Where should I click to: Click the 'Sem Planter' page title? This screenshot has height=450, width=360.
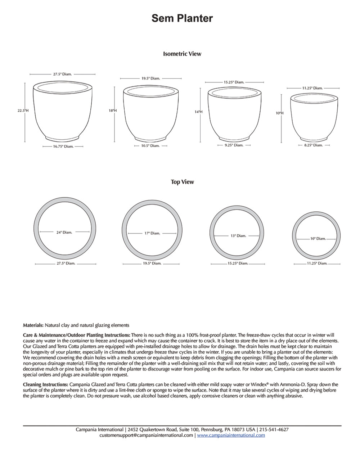click(x=182, y=18)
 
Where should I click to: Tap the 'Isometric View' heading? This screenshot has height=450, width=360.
click(x=182, y=54)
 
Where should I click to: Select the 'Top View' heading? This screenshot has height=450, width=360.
click(x=182, y=182)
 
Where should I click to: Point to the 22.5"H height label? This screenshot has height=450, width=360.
click(x=23, y=111)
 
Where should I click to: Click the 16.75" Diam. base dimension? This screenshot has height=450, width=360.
click(x=63, y=147)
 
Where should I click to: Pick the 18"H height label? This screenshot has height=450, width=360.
click(x=113, y=111)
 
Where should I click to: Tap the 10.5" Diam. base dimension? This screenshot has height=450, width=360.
click(x=150, y=146)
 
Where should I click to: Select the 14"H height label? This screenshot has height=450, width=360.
click(x=199, y=112)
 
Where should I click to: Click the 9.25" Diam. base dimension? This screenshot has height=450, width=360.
click(x=234, y=145)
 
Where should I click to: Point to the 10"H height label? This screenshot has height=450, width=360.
click(x=280, y=113)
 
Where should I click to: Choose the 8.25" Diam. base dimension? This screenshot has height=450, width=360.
click(x=313, y=145)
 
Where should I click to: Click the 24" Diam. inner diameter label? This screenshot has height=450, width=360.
click(x=64, y=233)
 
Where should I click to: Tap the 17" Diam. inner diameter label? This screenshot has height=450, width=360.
click(x=152, y=233)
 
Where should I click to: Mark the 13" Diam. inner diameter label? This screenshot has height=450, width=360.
click(x=238, y=236)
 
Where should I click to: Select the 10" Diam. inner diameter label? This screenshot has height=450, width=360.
click(x=318, y=239)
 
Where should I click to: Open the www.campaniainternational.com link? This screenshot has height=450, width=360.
click(x=231, y=435)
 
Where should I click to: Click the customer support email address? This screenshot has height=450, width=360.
click(x=146, y=435)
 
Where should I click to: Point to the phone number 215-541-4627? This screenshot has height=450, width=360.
click(x=274, y=429)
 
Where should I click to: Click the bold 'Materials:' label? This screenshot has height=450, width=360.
click(x=33, y=325)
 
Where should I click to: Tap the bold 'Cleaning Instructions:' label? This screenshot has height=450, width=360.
click(x=45, y=384)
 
